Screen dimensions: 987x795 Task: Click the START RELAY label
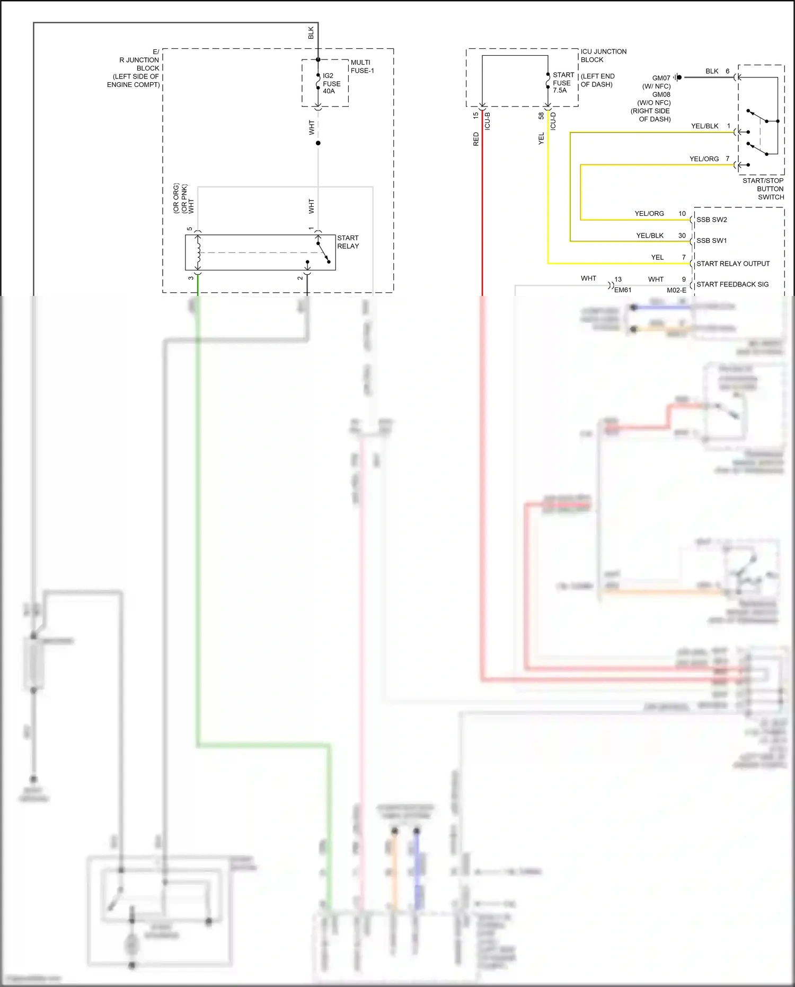tap(348, 242)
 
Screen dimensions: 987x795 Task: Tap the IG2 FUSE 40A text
tap(331, 83)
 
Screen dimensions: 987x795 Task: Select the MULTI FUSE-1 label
tap(362, 66)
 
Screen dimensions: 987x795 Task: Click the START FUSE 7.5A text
tap(562, 83)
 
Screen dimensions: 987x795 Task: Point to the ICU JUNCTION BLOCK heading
tap(603, 56)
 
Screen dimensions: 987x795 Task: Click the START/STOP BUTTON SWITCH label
tap(764, 189)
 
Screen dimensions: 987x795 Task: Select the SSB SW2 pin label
tap(711, 220)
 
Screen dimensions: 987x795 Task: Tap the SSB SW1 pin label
tap(711, 241)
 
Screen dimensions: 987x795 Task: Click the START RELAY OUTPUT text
tap(732, 264)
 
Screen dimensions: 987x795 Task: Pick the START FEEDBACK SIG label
tap(732, 284)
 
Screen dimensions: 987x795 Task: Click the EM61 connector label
tap(623, 290)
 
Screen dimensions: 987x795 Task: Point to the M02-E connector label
tap(676, 290)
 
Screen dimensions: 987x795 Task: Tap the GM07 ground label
tap(661, 78)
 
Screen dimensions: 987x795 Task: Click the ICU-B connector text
tap(488, 121)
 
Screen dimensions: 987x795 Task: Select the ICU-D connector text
tap(553, 121)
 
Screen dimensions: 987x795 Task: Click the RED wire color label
tap(476, 139)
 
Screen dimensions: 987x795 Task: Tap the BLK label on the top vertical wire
tap(311, 33)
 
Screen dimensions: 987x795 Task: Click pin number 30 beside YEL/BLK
tap(682, 235)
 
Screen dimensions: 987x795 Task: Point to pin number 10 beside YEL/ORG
tap(682, 214)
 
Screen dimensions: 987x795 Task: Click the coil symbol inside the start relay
tap(198, 252)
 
